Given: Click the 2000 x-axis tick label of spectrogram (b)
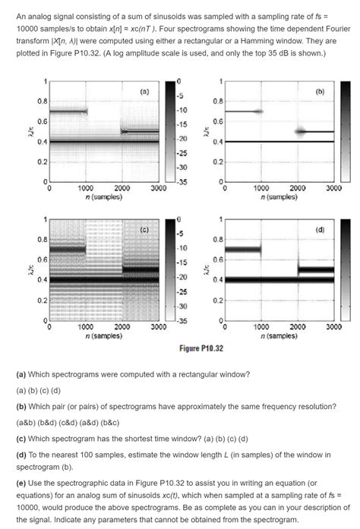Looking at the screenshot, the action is tap(298, 187).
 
